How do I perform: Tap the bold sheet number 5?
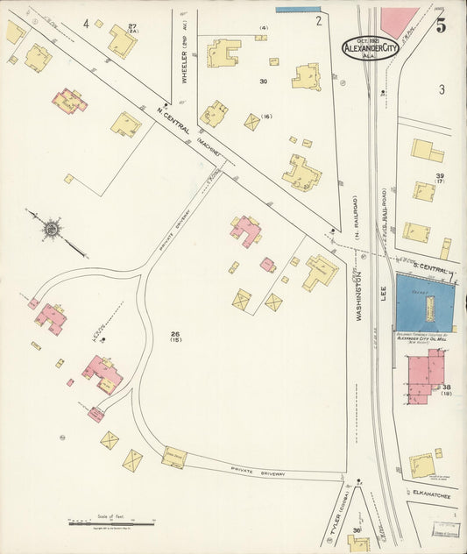(441, 25)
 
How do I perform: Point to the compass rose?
(52, 230)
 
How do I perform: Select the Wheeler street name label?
(185, 63)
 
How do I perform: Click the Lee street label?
(383, 296)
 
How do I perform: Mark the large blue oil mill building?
(425, 302)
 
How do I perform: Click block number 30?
(263, 81)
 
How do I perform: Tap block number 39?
(440, 176)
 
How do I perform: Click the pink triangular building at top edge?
(399, 21)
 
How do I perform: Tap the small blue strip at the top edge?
(298, 10)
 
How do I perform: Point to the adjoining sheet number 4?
(86, 23)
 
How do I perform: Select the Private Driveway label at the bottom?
(258, 472)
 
